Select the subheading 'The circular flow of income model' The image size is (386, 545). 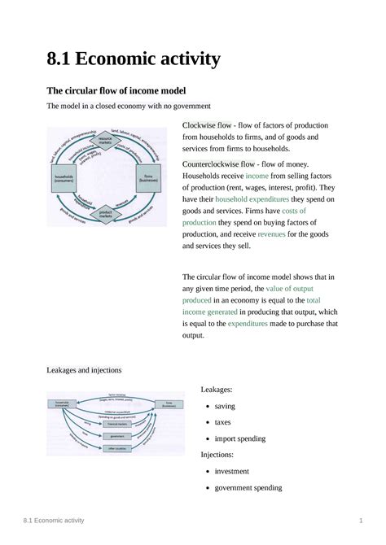coord(115,90)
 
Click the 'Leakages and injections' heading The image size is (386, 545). coord(84,369)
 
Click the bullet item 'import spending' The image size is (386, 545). coord(240,438)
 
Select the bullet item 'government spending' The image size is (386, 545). coord(248,488)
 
